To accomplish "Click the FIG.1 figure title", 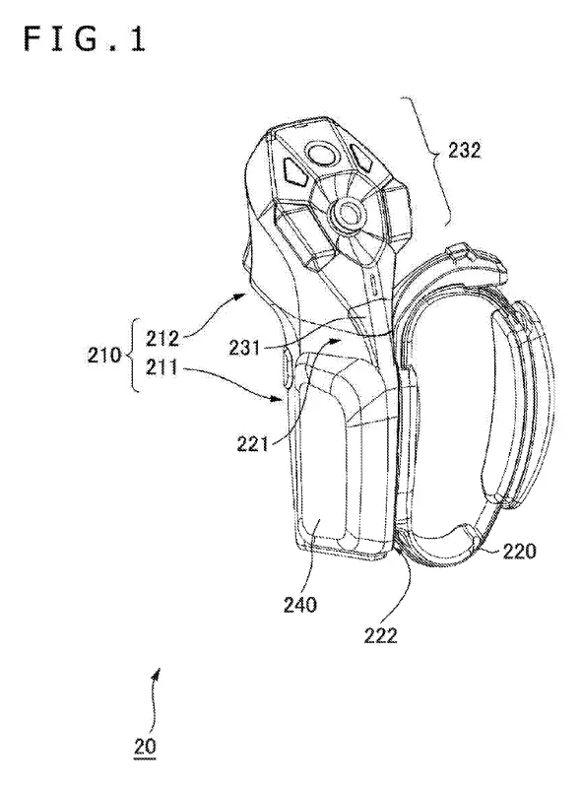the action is coord(84,39).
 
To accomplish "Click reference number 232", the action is coord(464,150).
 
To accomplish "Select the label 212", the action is coord(162,339).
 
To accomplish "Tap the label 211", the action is coord(162,368).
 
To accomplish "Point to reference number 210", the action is coord(104,355).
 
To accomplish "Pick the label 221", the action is coord(253,443).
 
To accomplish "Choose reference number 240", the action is coord(300,605).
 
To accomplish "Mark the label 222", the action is coord(380,635).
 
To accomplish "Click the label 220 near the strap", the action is coord(519,551).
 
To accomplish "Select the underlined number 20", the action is coord(145,747).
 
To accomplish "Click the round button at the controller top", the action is coord(321,154).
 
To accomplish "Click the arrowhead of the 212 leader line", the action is coord(242,296).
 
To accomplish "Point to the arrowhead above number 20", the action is coord(158,673).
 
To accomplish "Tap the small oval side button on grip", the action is coord(286,368).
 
